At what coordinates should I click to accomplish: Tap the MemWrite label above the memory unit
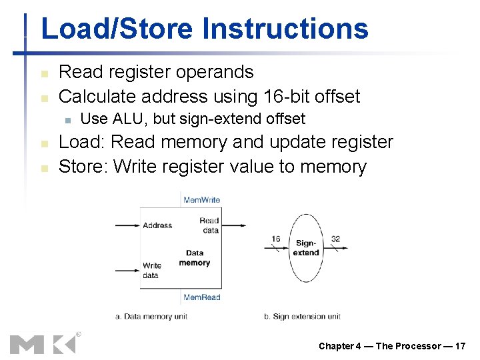(201, 199)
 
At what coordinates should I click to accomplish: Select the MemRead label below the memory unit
(201, 297)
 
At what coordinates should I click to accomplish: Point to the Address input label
(157, 225)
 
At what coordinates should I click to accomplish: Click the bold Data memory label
(195, 258)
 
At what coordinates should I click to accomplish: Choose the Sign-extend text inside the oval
(307, 248)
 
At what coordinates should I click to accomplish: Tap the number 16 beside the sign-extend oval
(275, 239)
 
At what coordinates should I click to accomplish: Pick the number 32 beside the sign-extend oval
(335, 239)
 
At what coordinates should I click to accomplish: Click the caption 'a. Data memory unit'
(151, 316)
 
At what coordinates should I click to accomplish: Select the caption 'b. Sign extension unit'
(302, 316)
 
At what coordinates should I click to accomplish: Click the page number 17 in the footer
(460, 346)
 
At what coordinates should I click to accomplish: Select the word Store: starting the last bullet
(84, 167)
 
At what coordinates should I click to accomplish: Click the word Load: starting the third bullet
(82, 143)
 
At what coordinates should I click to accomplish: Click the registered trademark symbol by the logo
(79, 334)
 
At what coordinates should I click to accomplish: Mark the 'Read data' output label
(209, 225)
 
